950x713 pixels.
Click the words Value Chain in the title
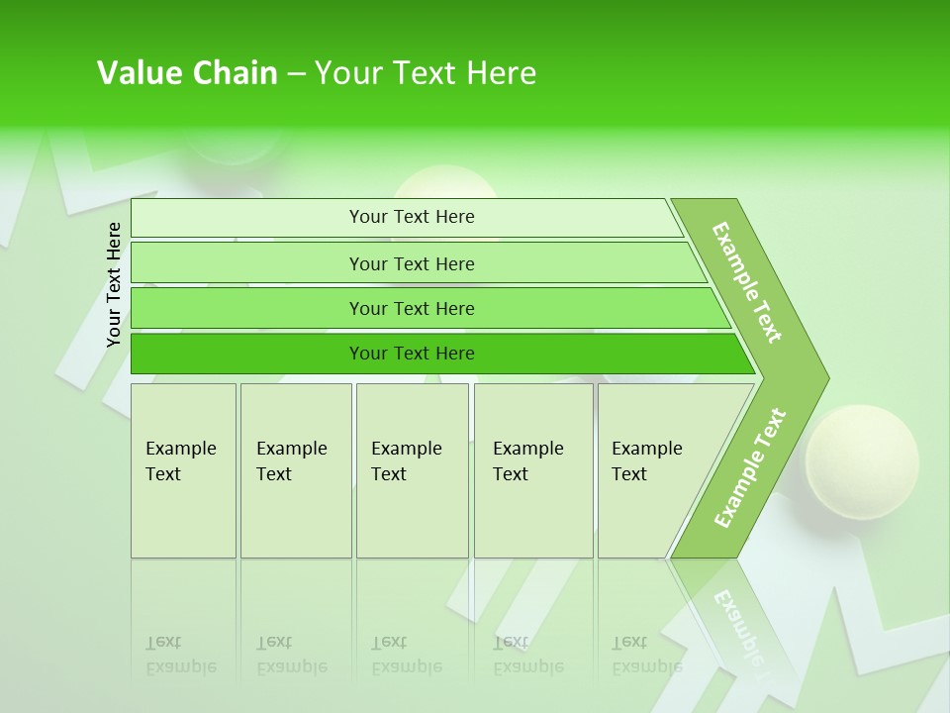pos(187,73)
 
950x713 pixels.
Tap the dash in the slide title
pos(296,74)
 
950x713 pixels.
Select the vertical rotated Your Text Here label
pos(114,284)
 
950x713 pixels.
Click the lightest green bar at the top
pos(412,217)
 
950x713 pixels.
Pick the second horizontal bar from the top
pos(412,263)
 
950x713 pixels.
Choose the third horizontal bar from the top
pos(412,308)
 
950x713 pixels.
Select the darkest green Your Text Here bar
pos(412,354)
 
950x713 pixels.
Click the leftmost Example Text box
pos(183,469)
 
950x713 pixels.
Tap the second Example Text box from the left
pos(295,469)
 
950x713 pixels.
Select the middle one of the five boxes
pos(412,469)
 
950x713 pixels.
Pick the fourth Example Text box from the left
pos(532,469)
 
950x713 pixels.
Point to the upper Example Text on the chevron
pos(747,282)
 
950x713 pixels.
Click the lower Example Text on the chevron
pos(750,467)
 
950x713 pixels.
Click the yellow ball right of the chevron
pos(861,460)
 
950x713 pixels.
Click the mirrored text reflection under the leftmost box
pos(181,656)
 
